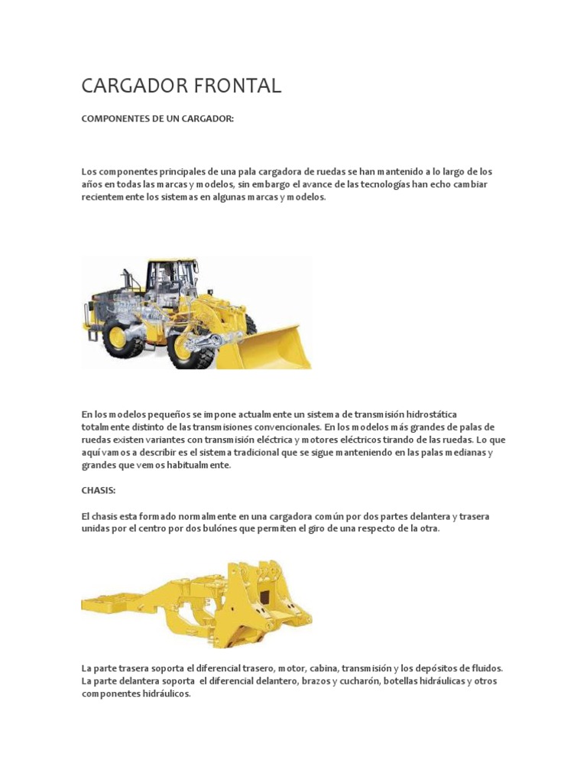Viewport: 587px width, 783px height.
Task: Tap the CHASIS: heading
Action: [98, 491]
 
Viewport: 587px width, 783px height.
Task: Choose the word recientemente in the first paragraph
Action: [112, 197]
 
